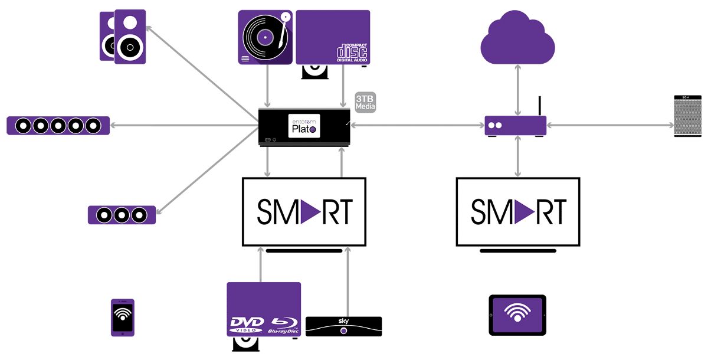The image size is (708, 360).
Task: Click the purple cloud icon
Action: click(518, 40)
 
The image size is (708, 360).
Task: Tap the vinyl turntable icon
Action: click(265, 37)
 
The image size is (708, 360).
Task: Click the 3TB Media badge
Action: click(365, 102)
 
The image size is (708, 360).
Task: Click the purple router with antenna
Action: click(515, 125)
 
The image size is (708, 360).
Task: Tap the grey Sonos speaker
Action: click(689, 116)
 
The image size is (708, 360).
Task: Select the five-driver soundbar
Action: click(58, 126)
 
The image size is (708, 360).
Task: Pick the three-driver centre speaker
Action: click(122, 215)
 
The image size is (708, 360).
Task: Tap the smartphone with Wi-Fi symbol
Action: click(123, 318)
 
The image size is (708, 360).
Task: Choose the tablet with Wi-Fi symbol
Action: click(517, 315)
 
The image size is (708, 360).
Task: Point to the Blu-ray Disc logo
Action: click(285, 325)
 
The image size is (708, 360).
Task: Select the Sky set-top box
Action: click(343, 326)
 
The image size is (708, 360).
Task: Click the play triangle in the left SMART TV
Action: click(310, 211)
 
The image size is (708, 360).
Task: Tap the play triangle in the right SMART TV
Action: click(524, 211)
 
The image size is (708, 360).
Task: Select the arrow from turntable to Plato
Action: click(268, 86)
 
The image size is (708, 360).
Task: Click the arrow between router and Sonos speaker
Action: click(610, 125)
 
